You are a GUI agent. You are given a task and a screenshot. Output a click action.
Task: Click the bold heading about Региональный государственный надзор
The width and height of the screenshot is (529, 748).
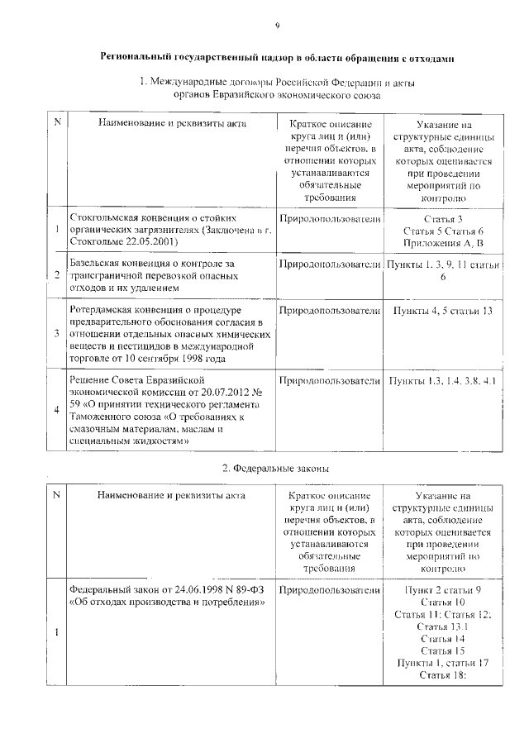click(277, 59)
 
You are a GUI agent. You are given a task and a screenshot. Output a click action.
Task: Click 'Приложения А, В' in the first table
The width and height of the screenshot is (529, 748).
click(444, 244)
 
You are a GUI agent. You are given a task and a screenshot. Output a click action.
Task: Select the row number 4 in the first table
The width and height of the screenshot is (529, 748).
click(56, 410)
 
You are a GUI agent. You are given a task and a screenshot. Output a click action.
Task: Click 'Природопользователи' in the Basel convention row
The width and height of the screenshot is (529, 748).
click(330, 264)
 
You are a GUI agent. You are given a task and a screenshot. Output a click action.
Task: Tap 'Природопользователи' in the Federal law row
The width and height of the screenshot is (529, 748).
click(330, 591)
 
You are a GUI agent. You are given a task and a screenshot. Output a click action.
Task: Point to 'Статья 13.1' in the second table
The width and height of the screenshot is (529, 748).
click(443, 627)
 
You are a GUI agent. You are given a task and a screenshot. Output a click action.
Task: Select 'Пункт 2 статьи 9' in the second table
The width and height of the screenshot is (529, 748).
click(443, 591)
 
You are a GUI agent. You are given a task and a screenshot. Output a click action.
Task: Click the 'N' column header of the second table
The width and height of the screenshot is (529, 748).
click(56, 495)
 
